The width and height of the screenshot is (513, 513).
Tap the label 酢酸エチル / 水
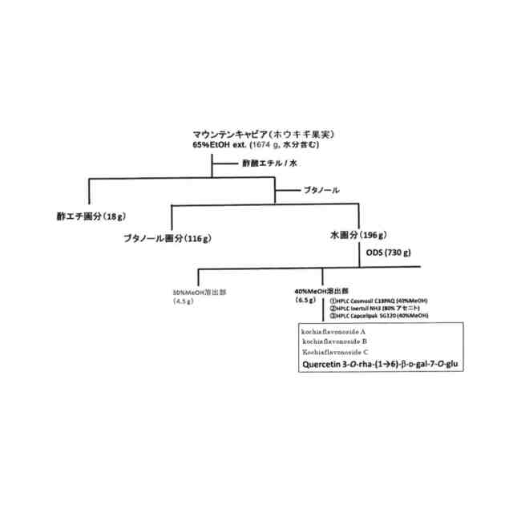click(x=270, y=164)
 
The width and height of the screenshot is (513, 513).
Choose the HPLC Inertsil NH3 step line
click(x=375, y=309)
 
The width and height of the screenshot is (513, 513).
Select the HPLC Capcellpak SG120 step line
click(x=378, y=317)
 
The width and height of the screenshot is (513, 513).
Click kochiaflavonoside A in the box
click(x=333, y=331)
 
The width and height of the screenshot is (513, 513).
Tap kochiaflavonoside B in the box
click(x=333, y=341)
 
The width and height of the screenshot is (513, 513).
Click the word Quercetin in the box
click(x=324, y=365)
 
